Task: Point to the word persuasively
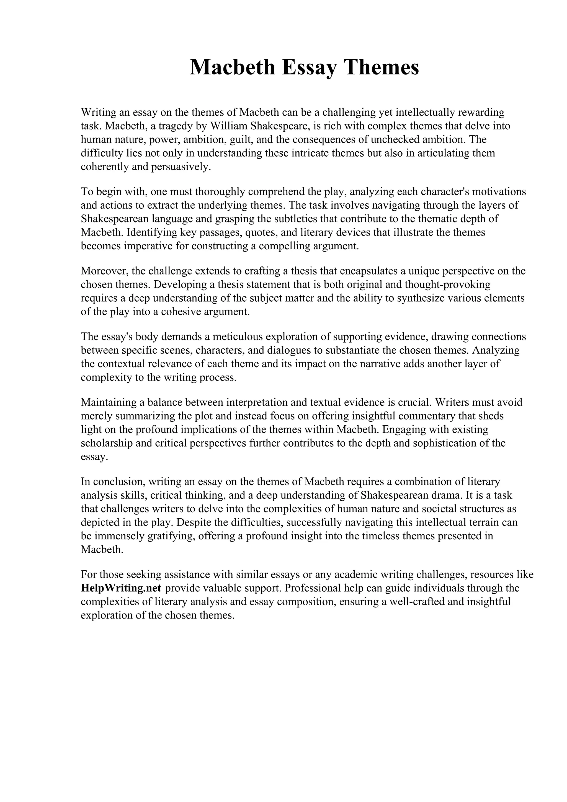click(x=181, y=167)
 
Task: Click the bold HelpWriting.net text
click(x=121, y=588)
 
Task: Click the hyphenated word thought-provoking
click(x=447, y=284)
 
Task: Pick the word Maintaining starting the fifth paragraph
click(x=109, y=402)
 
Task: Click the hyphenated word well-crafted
click(x=411, y=602)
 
